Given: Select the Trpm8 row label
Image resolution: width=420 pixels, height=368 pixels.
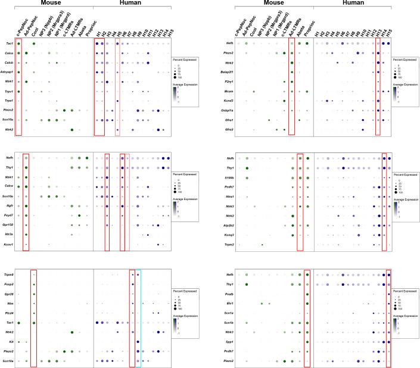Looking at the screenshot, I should tap(8, 275).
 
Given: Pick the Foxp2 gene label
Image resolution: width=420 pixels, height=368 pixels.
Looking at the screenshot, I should tap(8, 285).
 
